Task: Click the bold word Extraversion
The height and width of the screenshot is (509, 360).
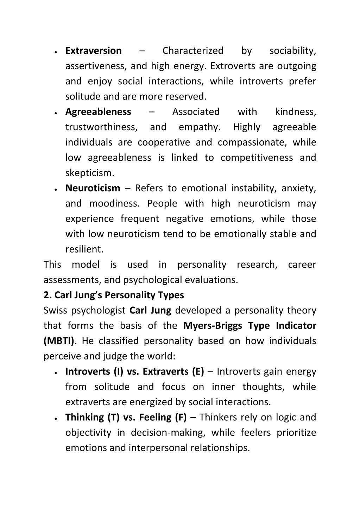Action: pos(93,51)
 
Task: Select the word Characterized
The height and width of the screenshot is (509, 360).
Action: pos(193,51)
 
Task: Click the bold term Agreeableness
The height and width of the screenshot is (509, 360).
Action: pos(98,112)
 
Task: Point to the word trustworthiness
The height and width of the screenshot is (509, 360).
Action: pos(101,127)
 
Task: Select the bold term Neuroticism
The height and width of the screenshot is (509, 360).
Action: pos(93,188)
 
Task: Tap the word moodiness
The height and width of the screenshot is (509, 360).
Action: pos(114,204)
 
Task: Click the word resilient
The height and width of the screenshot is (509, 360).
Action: pos(84,249)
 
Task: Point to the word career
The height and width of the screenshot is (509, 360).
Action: pos(302,265)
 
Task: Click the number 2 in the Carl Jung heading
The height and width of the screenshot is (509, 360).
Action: pos(46,295)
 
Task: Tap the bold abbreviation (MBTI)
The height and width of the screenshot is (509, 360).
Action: pos(59,341)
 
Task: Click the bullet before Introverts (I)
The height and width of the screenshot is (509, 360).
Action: pos(56,372)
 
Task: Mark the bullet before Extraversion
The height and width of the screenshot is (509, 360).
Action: pos(56,51)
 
